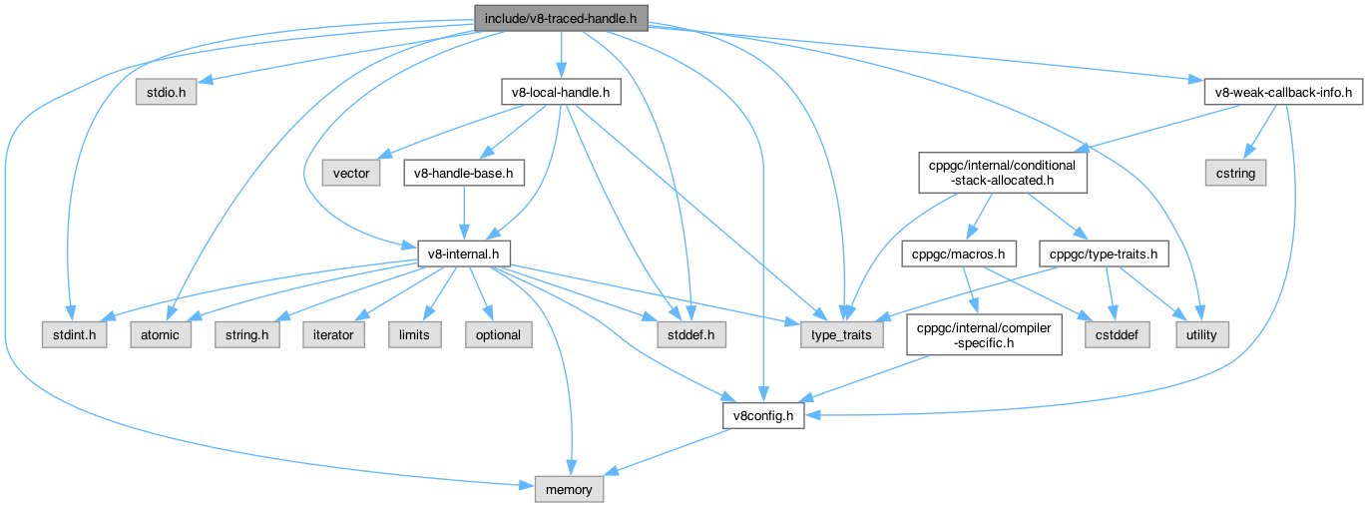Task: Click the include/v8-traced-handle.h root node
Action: pyautogui.click(x=562, y=17)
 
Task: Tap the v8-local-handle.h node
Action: pyautogui.click(x=561, y=93)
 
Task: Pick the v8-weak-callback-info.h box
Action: pyautogui.click(x=1283, y=93)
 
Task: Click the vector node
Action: pyautogui.click(x=350, y=174)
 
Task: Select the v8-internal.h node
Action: pyautogui.click(x=463, y=254)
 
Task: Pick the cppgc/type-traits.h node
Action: pyautogui.click(x=1103, y=254)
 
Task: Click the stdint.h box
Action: pyautogui.click(x=75, y=334)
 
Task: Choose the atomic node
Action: pyautogui.click(x=160, y=334)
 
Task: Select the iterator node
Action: pyautogui.click(x=333, y=334)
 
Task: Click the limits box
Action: pyautogui.click(x=414, y=334)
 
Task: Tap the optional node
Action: pyautogui.click(x=498, y=334)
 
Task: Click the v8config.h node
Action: pyautogui.click(x=762, y=415)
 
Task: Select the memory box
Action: pyautogui.click(x=569, y=489)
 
